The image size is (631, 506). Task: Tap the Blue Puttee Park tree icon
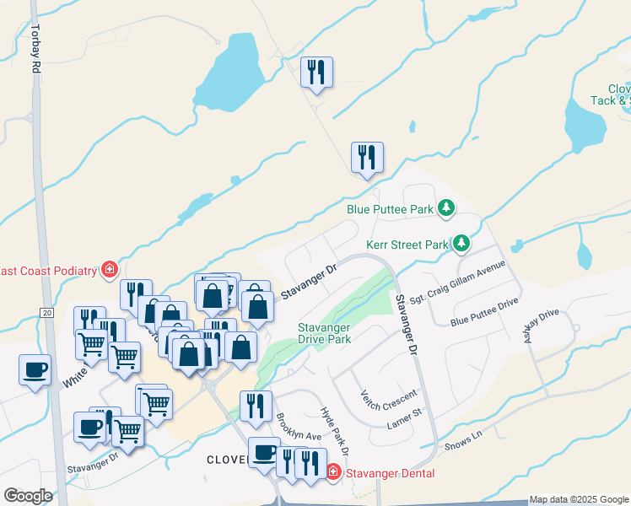(x=446, y=208)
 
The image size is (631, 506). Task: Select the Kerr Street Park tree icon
(x=461, y=245)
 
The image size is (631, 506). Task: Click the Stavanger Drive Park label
(x=324, y=333)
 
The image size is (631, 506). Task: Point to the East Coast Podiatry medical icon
(x=109, y=270)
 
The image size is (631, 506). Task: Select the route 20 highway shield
(x=46, y=312)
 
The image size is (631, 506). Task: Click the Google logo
(x=28, y=495)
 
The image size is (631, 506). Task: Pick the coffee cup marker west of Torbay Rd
(x=35, y=369)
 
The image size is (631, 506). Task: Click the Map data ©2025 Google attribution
(x=579, y=499)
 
